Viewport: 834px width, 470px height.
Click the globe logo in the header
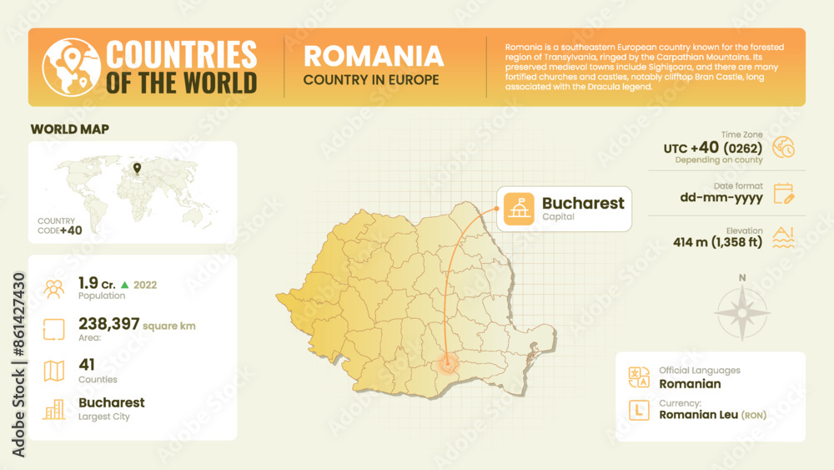(71, 67)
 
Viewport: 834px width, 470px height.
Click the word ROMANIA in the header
(373, 56)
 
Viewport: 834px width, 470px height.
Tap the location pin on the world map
(137, 169)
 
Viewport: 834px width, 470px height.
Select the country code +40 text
(71, 230)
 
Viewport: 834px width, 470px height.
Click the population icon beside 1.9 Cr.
(54, 289)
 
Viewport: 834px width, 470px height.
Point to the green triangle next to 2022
(124, 285)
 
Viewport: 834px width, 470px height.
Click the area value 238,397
(109, 324)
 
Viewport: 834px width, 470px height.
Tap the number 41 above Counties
(87, 364)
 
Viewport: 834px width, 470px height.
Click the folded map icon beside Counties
(54, 370)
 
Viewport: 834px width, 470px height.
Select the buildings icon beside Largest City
(54, 409)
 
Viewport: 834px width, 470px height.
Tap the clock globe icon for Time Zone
(784, 148)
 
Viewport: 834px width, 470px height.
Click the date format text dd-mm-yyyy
(721, 198)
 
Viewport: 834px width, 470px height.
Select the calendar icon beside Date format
(784, 194)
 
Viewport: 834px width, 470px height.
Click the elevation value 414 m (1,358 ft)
(718, 243)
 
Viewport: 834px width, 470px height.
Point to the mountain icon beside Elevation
(784, 238)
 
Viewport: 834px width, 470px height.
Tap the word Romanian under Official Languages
(690, 384)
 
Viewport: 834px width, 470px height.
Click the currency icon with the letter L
(639, 410)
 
